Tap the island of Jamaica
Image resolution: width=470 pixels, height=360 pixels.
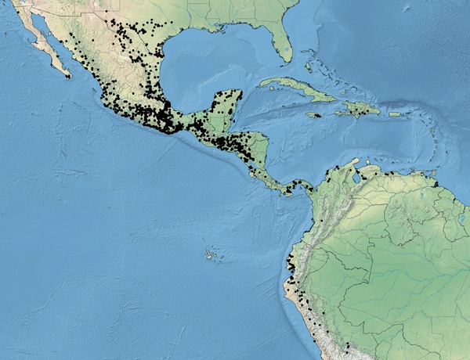pos(313,115)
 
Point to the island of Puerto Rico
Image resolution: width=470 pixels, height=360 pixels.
pos(394,114)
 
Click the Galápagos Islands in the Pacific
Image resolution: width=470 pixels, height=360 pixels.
pos(210,254)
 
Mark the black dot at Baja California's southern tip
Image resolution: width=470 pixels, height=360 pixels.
pos(69,76)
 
